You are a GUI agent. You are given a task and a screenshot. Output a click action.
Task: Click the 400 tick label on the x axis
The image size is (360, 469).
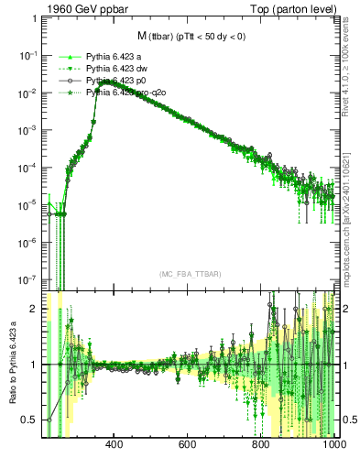pos(115,446)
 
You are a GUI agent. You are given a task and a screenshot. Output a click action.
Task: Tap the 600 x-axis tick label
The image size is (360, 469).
pos(188,446)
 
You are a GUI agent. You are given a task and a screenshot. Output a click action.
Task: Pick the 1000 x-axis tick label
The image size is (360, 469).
pos(333,446)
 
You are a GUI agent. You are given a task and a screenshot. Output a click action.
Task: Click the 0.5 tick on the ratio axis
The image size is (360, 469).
pos(28,420)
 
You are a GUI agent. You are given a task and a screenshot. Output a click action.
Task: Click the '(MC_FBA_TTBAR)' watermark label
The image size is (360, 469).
pos(189,275)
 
